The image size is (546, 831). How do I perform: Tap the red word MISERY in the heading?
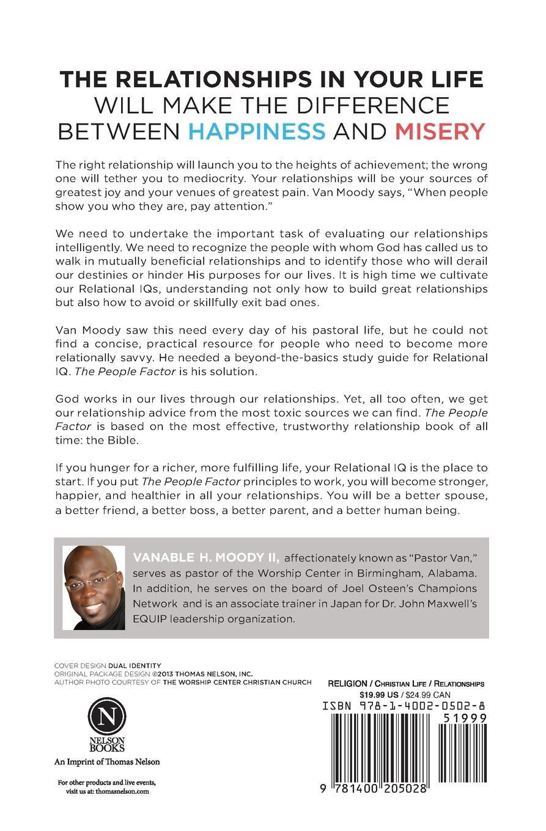pos(440,131)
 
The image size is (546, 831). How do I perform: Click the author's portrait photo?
pos(94,587)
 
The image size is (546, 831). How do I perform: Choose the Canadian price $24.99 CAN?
pos(430,694)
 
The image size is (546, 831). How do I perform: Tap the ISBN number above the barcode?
pos(404,706)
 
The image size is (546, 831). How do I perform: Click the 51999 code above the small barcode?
pos(463,718)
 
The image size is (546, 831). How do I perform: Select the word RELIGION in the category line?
pos(347,684)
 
